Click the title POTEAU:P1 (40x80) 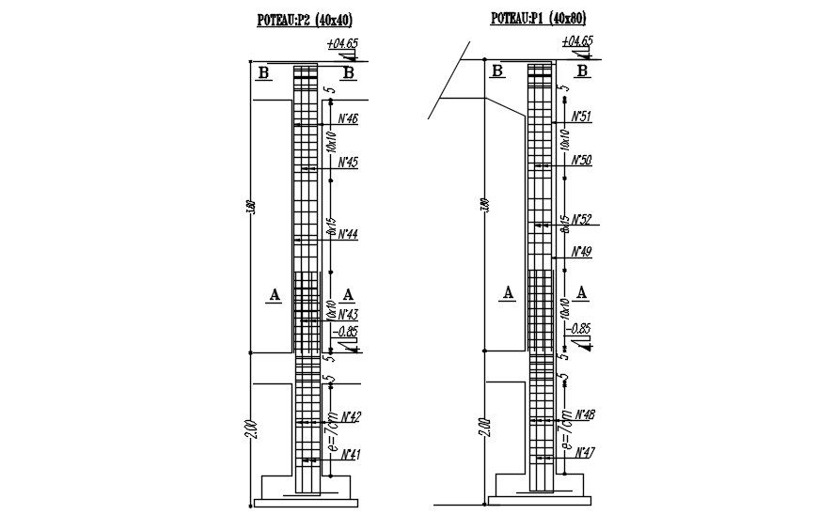point(539,18)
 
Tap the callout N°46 point(347,118)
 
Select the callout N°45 point(347,163)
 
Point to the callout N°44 point(347,233)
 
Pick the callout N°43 point(348,313)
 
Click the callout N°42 point(351,415)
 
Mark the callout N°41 point(351,455)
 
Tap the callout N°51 point(581,117)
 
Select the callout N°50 point(581,160)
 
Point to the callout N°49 point(581,251)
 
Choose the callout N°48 point(584,413)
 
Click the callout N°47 point(584,452)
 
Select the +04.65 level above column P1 point(576,41)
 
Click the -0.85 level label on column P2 point(346,331)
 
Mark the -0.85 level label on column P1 point(580,328)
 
